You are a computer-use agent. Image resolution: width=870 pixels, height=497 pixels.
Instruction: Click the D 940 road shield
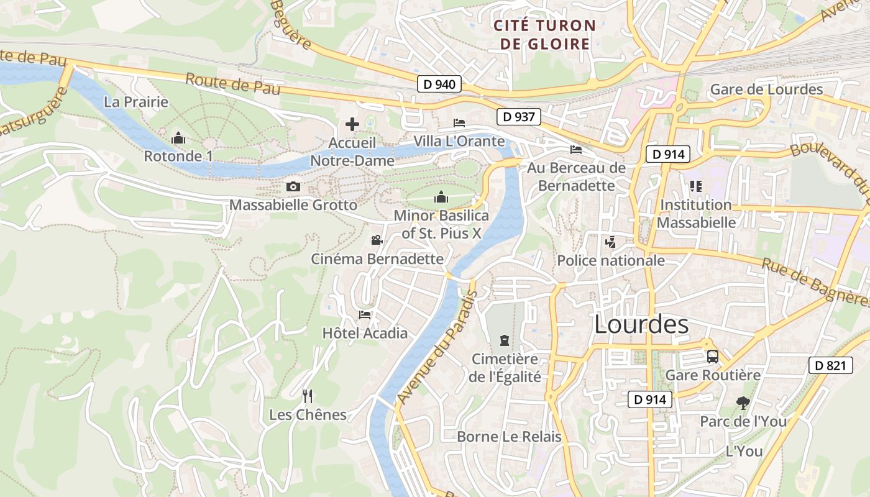tap(439, 84)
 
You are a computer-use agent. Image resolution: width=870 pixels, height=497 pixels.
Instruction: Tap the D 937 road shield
tap(519, 116)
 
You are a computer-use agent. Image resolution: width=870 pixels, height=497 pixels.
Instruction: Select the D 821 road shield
tap(830, 365)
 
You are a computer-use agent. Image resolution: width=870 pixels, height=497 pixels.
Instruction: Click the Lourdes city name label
tap(641, 324)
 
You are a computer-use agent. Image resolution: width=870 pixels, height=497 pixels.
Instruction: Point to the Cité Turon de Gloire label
tap(544, 35)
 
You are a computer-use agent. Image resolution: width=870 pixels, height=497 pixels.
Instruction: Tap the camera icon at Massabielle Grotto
tap(293, 186)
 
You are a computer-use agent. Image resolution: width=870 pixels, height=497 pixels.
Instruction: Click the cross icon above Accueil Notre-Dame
tap(352, 124)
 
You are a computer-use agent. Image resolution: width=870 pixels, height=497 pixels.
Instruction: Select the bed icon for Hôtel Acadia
tap(365, 315)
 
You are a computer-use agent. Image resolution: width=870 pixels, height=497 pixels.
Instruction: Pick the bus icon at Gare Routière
tap(712, 357)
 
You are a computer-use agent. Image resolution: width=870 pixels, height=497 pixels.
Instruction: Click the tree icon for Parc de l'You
tap(743, 403)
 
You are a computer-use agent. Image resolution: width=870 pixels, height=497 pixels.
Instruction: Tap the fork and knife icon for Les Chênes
tap(307, 396)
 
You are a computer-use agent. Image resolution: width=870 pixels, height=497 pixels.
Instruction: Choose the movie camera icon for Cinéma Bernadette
tap(377, 240)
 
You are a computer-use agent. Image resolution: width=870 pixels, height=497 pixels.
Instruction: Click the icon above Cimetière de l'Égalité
tap(504, 340)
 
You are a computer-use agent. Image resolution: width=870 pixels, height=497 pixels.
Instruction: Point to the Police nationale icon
tap(610, 242)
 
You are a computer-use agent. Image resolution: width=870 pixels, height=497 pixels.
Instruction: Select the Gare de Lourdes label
tap(766, 89)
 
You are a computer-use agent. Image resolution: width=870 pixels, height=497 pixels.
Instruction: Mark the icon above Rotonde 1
tap(178, 137)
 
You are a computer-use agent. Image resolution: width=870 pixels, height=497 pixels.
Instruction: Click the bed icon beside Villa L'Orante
tap(459, 122)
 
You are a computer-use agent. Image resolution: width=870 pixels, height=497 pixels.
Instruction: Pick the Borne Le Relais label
tap(509, 437)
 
